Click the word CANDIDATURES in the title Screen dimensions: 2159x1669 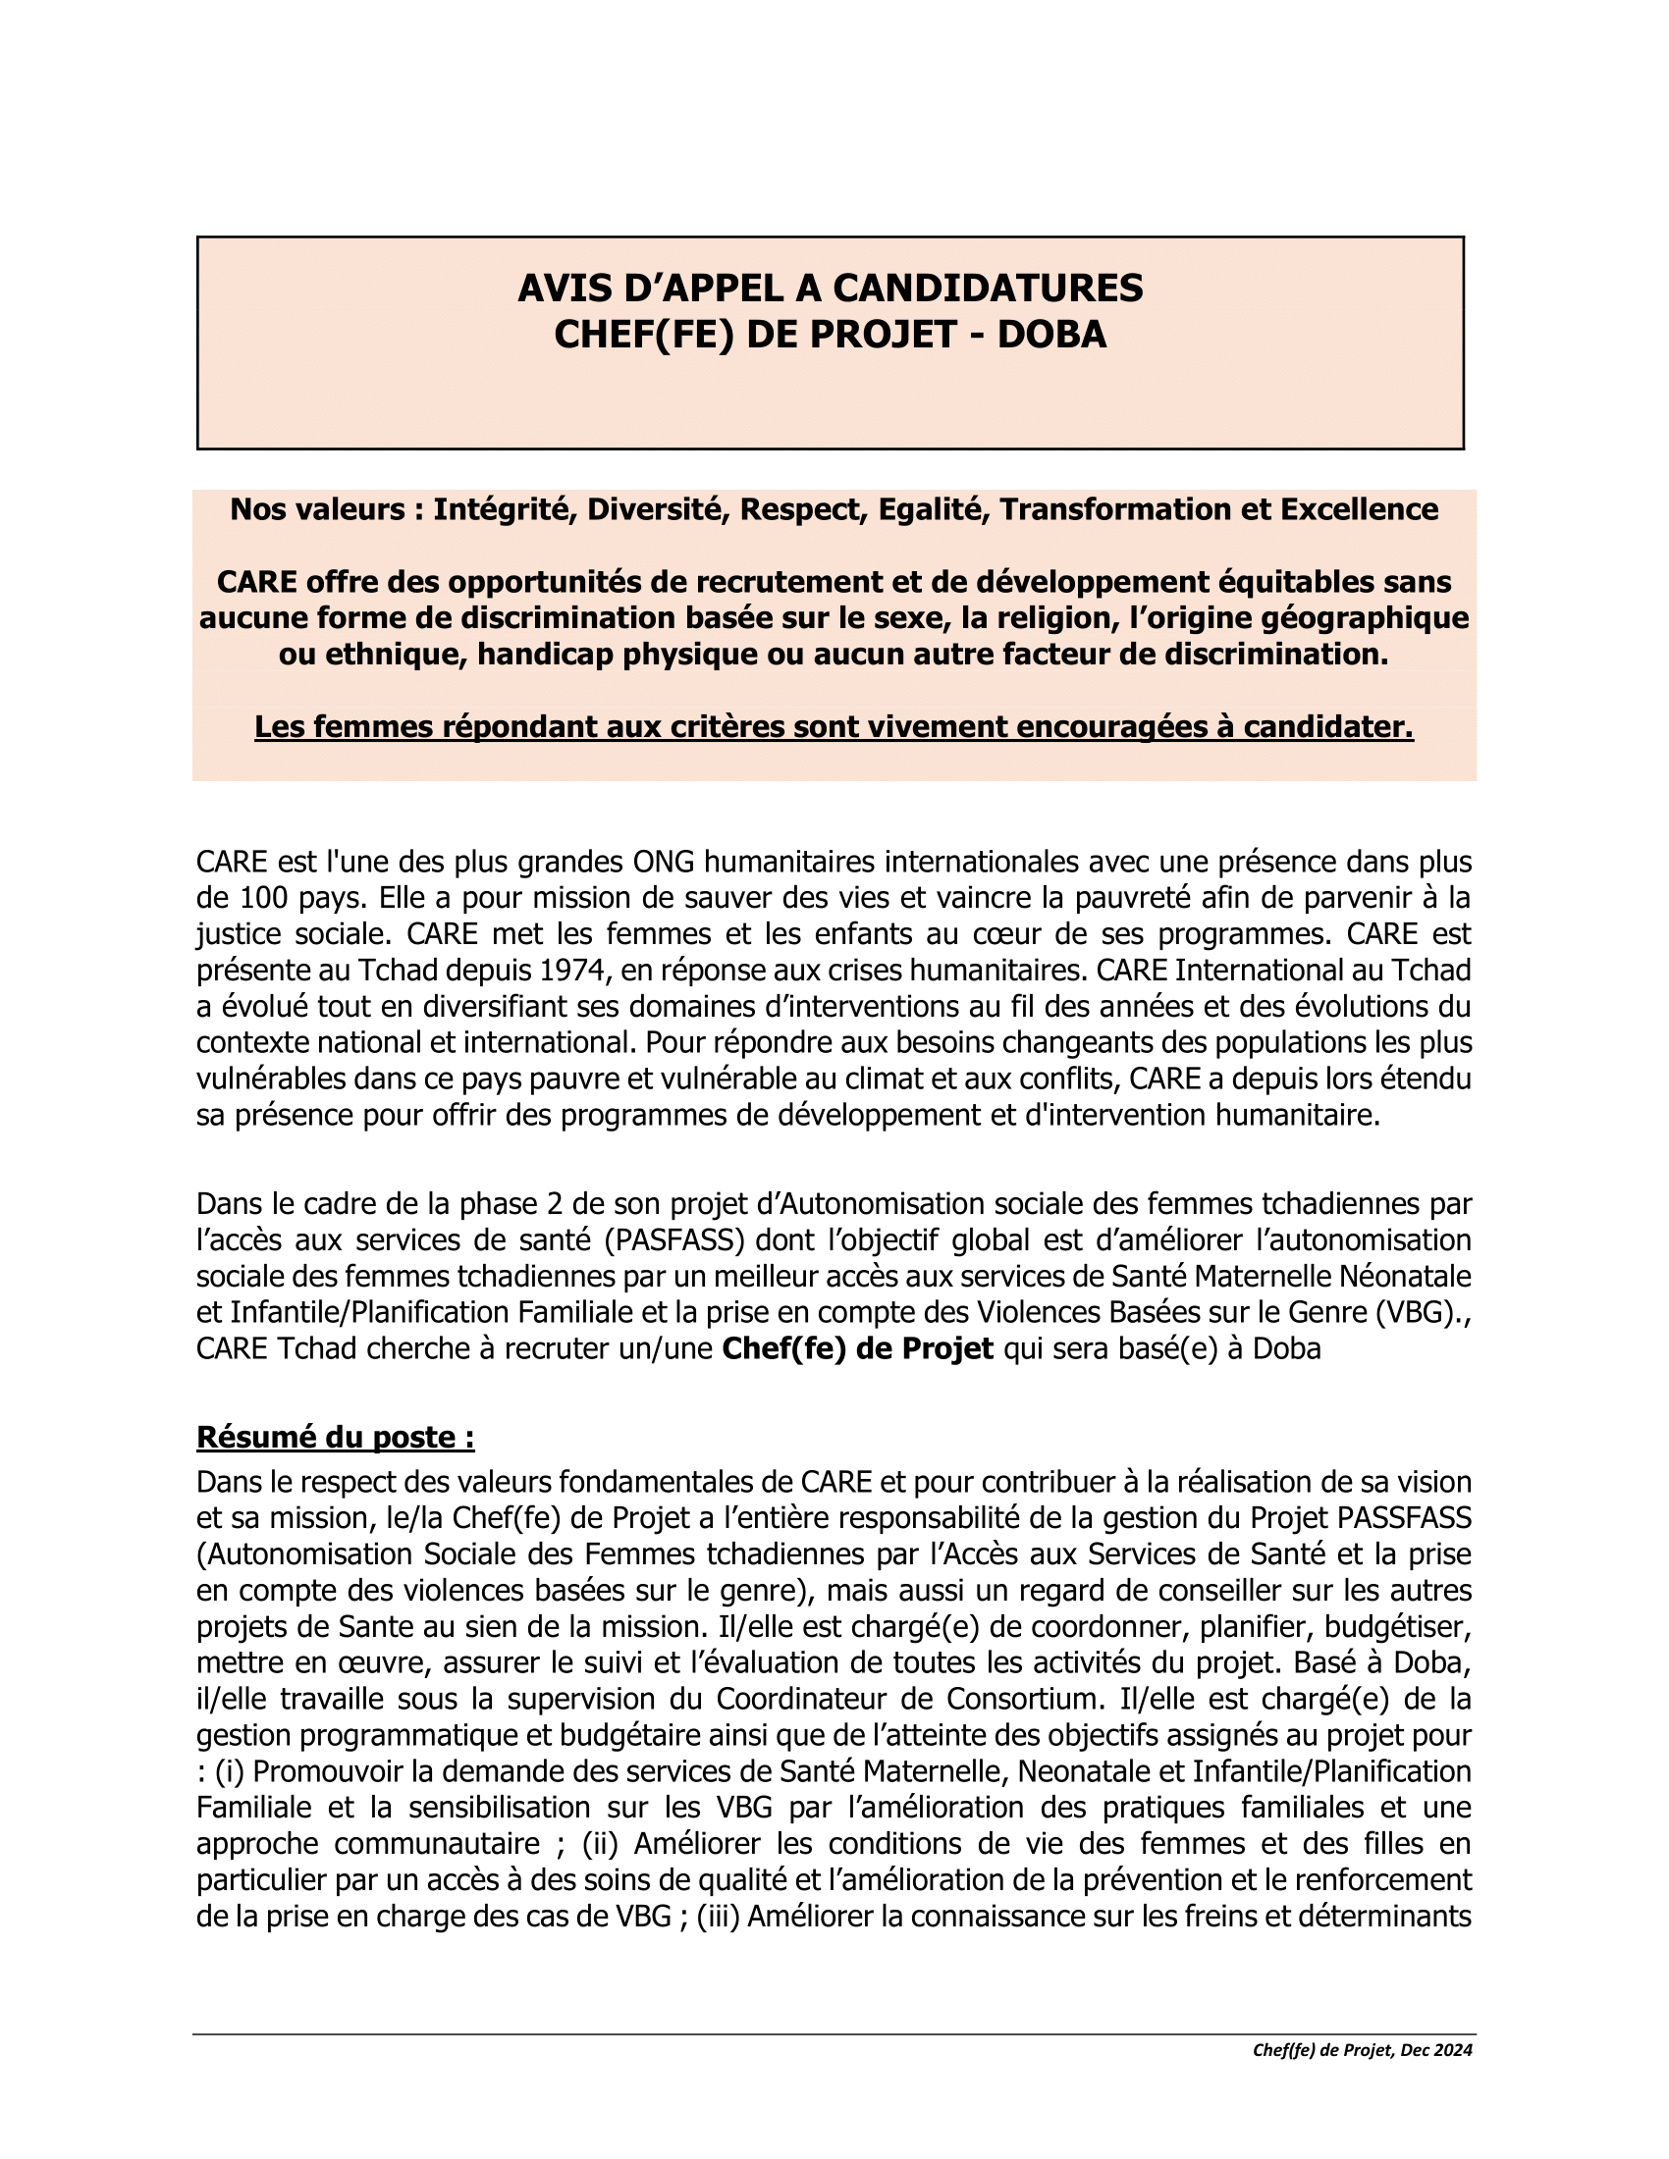tap(988, 288)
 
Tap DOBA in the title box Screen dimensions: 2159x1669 tap(1051, 335)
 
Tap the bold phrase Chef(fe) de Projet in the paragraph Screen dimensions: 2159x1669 tap(857, 1349)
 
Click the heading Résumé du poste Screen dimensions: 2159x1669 tap(335, 1438)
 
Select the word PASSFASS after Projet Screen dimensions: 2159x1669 tap(1404, 1518)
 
